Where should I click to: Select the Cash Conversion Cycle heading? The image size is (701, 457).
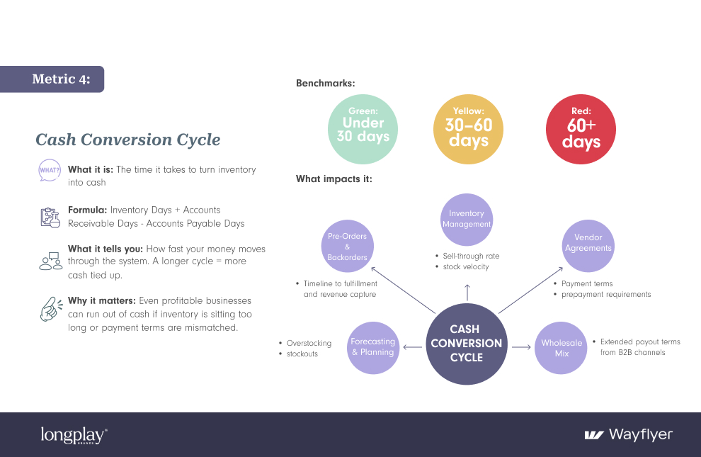click(127, 140)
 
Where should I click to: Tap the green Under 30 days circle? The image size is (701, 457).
click(363, 130)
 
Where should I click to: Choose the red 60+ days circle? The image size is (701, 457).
click(581, 130)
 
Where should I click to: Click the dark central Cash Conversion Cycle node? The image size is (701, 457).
click(466, 344)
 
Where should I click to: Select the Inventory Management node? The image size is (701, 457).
click(467, 218)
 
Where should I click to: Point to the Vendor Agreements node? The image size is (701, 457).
click(588, 243)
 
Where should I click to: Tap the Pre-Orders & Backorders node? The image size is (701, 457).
click(347, 247)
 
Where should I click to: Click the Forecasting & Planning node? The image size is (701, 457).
click(372, 347)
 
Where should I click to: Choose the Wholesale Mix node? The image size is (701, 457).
click(562, 347)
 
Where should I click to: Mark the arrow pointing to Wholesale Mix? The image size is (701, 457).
click(521, 347)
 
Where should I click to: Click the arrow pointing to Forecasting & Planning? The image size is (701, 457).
click(411, 347)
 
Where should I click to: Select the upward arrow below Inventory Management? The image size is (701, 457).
click(467, 291)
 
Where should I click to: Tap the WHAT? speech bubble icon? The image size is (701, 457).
click(49, 171)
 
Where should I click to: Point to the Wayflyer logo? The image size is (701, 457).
click(628, 434)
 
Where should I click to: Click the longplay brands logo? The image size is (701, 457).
click(74, 435)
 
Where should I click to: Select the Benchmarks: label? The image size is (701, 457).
click(325, 84)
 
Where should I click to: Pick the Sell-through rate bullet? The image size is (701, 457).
click(471, 256)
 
